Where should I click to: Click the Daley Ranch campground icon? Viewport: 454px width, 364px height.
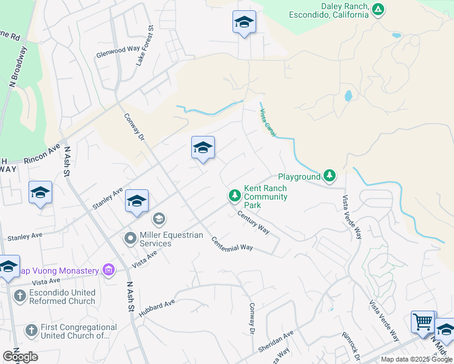(x=378, y=10)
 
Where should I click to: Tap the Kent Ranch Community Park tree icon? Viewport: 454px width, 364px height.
(x=235, y=195)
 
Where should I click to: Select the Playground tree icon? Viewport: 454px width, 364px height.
(x=329, y=176)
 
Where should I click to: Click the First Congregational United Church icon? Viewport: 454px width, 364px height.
(x=32, y=331)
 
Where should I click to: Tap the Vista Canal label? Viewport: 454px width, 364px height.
(x=267, y=122)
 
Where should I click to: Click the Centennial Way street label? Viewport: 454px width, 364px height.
(x=232, y=243)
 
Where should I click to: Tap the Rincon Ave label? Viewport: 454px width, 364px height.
(x=42, y=157)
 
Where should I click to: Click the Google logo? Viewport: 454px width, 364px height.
(x=21, y=357)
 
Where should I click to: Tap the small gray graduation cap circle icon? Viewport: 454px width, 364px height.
(x=158, y=218)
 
